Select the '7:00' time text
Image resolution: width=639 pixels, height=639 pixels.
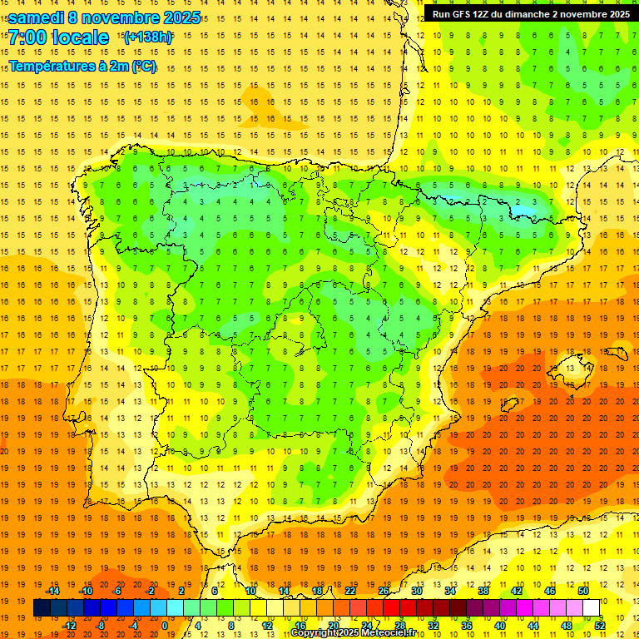tap(27, 37)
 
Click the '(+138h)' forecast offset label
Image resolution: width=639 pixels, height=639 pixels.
tap(148, 37)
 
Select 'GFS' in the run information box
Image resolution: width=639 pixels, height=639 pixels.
tap(465, 14)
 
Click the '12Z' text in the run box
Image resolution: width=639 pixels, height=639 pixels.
tap(487, 14)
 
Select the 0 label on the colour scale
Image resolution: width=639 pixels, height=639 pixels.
tap(164, 626)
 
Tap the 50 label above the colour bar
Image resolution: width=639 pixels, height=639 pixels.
tap(583, 591)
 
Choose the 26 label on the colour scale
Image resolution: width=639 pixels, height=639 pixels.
tap(384, 591)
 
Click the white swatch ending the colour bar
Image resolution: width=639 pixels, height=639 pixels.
tap(592, 608)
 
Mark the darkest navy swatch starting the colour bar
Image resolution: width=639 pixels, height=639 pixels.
tap(42, 608)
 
